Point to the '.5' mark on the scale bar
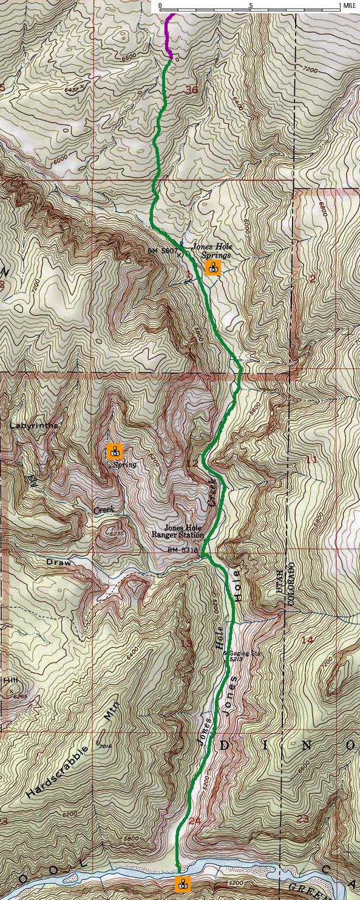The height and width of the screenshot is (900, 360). coord(250,5)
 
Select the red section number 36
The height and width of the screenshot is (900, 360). coord(191,90)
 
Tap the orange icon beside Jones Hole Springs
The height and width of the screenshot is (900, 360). coord(212,268)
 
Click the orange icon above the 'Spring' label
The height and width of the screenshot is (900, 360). coord(114,451)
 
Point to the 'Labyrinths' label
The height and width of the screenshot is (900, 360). coord(34,426)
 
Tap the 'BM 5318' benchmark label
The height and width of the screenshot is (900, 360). coord(183,550)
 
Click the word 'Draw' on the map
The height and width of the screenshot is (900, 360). coord(58,563)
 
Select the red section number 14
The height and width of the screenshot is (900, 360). coord(307,640)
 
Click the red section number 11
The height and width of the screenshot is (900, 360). coord(311,459)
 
